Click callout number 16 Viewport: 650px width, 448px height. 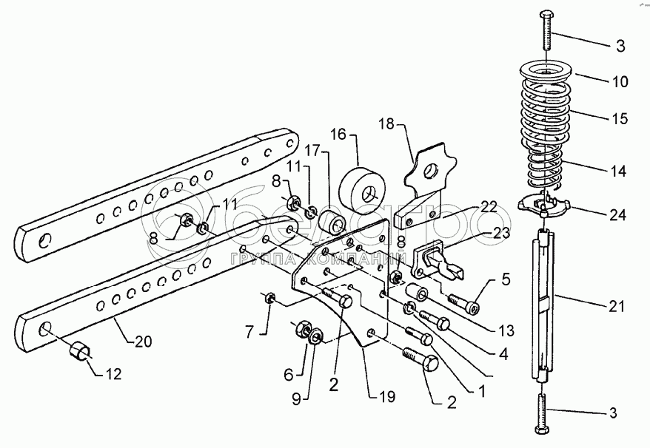(338, 135)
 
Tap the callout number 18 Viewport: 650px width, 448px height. (386, 123)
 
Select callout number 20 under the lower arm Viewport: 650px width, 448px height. (143, 342)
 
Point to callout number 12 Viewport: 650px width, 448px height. (113, 374)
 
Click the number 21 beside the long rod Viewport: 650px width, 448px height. (616, 306)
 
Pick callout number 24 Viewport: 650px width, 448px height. (617, 215)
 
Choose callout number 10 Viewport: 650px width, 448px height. (620, 81)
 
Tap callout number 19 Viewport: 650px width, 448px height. (386, 397)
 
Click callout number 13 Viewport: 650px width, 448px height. (506, 330)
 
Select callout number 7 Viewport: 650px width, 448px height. (249, 332)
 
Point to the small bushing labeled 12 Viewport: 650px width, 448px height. (78, 352)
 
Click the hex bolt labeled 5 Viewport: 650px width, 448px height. (463, 302)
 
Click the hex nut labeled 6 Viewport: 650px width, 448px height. (302, 328)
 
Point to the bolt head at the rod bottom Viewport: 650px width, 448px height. (541, 430)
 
